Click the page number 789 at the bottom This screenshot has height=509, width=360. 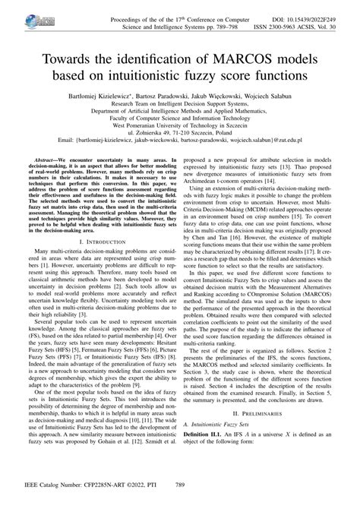[180, 501]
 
